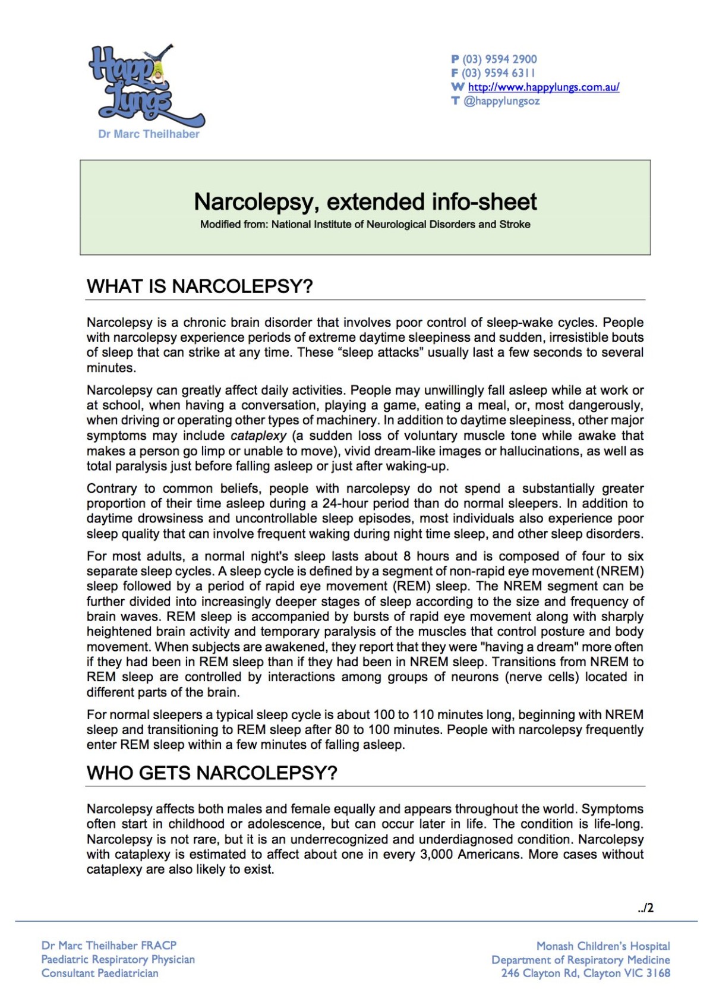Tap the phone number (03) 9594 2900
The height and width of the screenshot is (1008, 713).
tap(499, 59)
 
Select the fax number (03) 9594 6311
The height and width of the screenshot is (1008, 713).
tap(499, 73)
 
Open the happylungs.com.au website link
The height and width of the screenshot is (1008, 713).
tap(543, 87)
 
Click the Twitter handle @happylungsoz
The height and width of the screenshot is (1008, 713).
tap(501, 101)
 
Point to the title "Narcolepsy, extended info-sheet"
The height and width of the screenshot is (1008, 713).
tap(365, 202)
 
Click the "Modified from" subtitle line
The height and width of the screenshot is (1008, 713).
tap(365, 225)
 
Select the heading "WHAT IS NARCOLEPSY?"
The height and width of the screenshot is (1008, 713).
tap(200, 286)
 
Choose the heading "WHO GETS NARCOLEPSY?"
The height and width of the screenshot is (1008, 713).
tap(212, 773)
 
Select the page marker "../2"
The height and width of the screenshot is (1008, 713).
tap(646, 908)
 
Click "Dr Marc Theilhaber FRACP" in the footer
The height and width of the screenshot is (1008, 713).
tap(109, 945)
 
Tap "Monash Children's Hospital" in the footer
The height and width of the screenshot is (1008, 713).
tap(602, 946)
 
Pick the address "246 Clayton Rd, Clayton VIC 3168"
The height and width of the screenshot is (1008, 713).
tap(585, 974)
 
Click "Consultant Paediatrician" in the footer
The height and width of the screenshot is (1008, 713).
tap(100, 974)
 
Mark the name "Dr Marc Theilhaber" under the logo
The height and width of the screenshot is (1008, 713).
tap(149, 134)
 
